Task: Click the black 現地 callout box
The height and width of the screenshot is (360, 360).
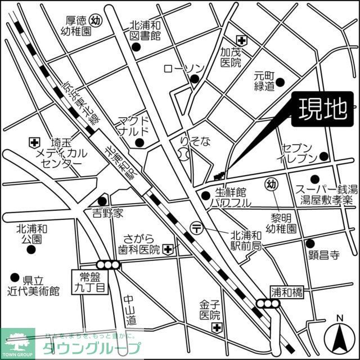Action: [x=322, y=110]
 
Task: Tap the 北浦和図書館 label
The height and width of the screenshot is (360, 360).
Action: [x=145, y=31]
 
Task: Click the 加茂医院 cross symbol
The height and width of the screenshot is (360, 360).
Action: [x=241, y=40]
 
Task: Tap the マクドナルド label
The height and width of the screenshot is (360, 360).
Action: [x=133, y=127]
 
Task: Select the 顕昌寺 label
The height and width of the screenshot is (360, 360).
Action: [x=324, y=255]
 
